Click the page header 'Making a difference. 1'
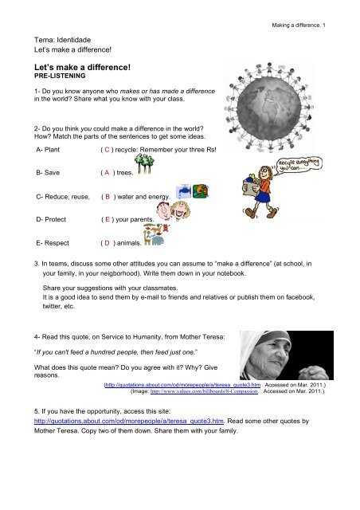pyautogui.click(x=299, y=25)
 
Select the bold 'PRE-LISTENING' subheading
pyautogui.click(x=60, y=76)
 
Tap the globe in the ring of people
pyautogui.click(x=269, y=107)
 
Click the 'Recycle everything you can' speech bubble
pyautogui.click(x=299, y=165)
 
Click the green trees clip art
pyautogui.click(x=144, y=163)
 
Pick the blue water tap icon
pyautogui.click(x=183, y=191)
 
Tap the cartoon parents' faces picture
pyautogui.click(x=173, y=210)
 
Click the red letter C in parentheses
pyautogui.click(x=107, y=150)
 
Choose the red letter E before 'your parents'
pyautogui.click(x=108, y=220)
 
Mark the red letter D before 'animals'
pyautogui.click(x=107, y=243)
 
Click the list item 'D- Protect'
pyautogui.click(x=51, y=220)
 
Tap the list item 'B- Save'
pyautogui.click(x=48, y=173)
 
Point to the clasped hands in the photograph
pyautogui.click(x=314, y=372)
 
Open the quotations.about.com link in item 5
pyautogui.click(x=129, y=421)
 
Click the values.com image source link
pyautogui.click(x=204, y=391)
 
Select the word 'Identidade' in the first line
pyautogui.click(x=74, y=40)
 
